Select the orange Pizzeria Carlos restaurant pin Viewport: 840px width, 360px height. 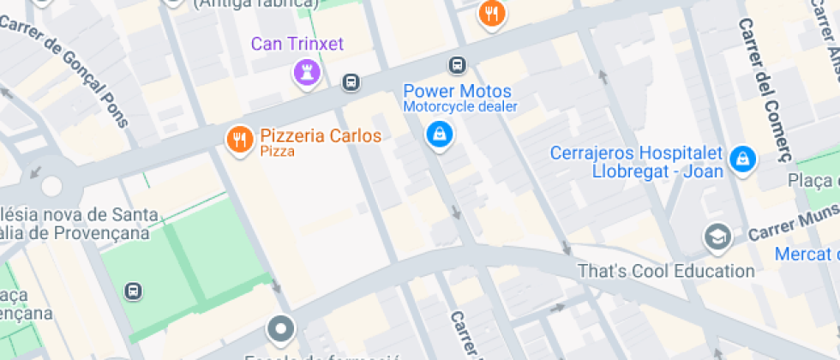pos(238,140)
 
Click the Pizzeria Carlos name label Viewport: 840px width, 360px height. pos(321,135)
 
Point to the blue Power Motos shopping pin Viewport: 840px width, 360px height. pos(440,134)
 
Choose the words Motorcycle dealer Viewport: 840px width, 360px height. pos(460,107)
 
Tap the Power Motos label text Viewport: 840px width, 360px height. pos(457,91)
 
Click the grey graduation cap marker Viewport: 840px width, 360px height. pos(717,237)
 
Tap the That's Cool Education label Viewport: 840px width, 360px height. pos(666,271)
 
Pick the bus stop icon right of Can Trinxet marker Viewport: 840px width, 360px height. pos(350,82)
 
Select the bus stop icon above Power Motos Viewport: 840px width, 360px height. pos(458,65)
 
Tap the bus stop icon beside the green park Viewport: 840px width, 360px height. pos(133,291)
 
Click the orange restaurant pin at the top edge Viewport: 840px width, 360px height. pos(491,14)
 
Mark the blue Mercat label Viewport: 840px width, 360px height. pos(806,254)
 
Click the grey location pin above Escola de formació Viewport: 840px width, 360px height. pos(280,328)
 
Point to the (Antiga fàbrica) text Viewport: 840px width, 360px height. pos(256,3)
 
